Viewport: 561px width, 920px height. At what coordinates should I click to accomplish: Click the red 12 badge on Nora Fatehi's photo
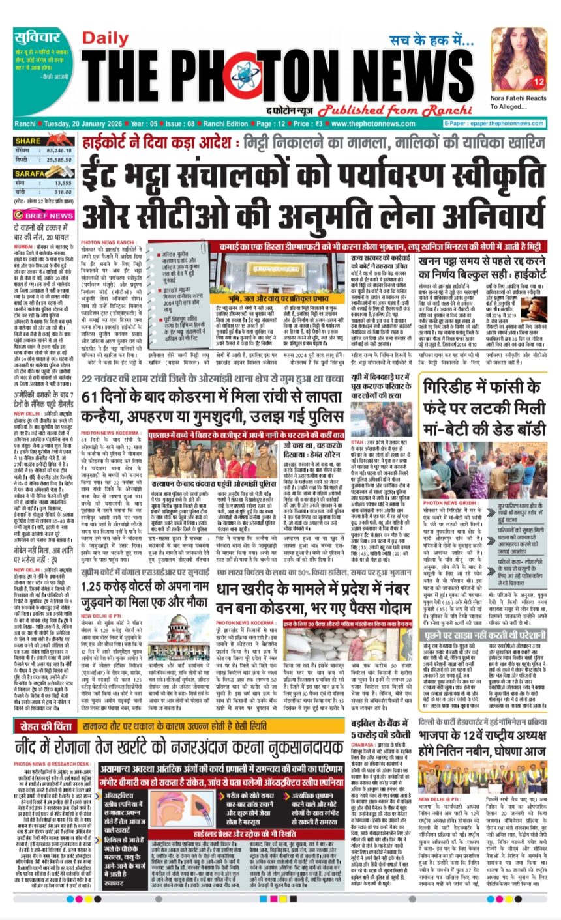coord(539,82)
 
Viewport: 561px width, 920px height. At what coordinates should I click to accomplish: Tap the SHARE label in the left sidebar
coord(28,141)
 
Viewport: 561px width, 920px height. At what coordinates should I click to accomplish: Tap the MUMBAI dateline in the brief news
coord(25,246)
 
